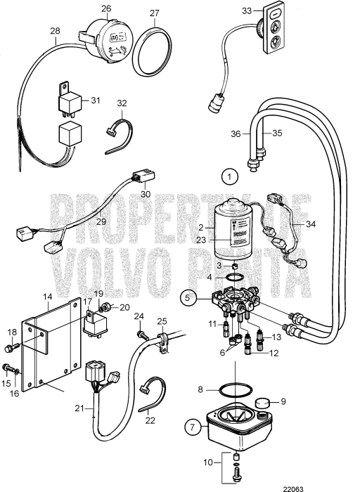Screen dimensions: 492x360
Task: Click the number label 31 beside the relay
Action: (x=97, y=101)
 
